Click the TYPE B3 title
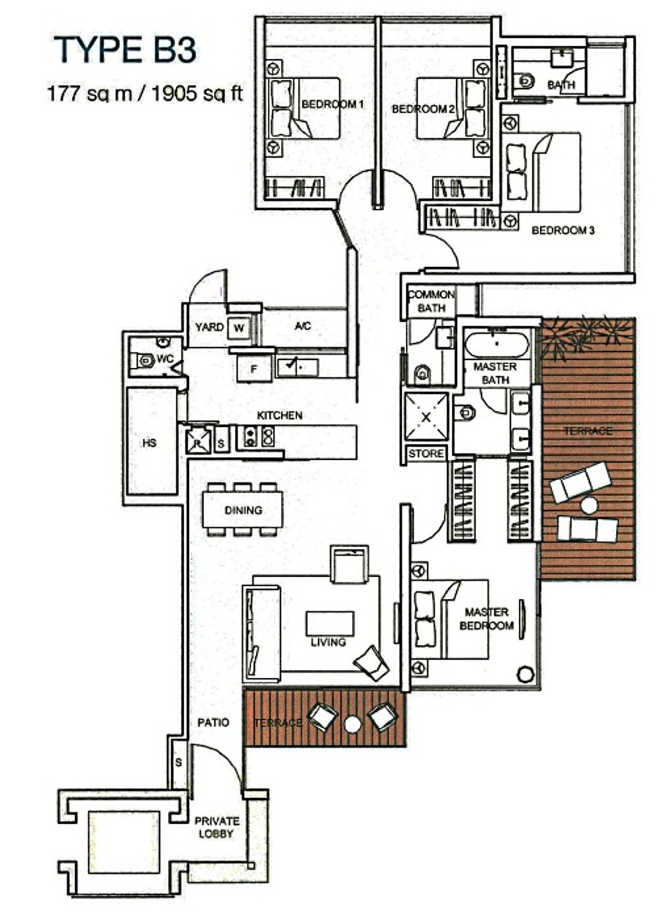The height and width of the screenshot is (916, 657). tap(125, 50)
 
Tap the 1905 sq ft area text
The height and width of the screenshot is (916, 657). tap(197, 93)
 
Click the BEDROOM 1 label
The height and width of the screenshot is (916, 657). tap(332, 104)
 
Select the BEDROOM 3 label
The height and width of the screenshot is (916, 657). tap(563, 230)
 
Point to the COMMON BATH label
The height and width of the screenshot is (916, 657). tap(431, 301)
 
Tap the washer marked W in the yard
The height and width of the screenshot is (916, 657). tap(239, 327)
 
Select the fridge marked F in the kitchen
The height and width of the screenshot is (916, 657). tap(254, 369)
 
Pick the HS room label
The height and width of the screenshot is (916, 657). tap(150, 442)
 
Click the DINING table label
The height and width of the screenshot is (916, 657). tap(243, 510)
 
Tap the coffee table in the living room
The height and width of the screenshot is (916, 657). tap(329, 623)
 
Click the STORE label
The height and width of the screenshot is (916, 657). tap(426, 453)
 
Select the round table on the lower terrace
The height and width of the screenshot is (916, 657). tap(353, 736)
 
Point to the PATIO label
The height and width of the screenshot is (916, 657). tap(213, 734)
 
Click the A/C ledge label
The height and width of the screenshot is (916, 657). tap(302, 326)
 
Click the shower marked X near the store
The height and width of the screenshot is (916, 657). tap(426, 416)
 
